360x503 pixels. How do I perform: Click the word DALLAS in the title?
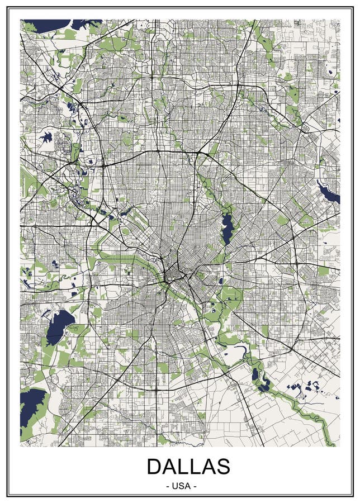click(x=188, y=466)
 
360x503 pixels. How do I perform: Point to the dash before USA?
click(x=169, y=486)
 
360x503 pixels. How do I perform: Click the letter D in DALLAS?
click(x=155, y=466)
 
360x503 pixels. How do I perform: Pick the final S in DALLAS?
click(x=222, y=466)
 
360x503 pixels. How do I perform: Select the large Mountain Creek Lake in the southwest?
click(x=59, y=327)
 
